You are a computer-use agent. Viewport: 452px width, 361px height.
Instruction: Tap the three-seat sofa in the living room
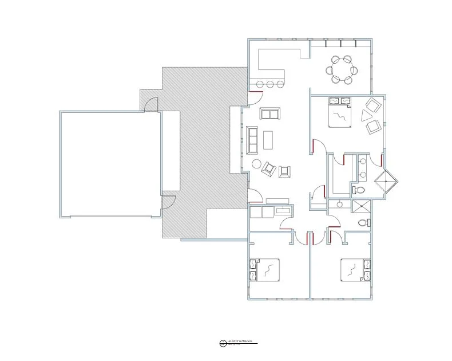(252, 140)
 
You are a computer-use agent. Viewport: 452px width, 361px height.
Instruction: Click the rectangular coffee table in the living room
(268, 139)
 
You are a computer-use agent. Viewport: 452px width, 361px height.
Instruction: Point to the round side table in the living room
(256, 164)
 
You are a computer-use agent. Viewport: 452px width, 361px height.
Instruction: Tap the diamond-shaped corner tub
(386, 183)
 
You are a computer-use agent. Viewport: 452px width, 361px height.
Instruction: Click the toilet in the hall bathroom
(362, 223)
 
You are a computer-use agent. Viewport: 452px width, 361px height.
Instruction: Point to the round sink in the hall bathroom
(340, 204)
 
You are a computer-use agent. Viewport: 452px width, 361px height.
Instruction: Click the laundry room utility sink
(283, 211)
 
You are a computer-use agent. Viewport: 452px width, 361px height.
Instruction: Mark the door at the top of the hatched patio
(150, 104)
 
